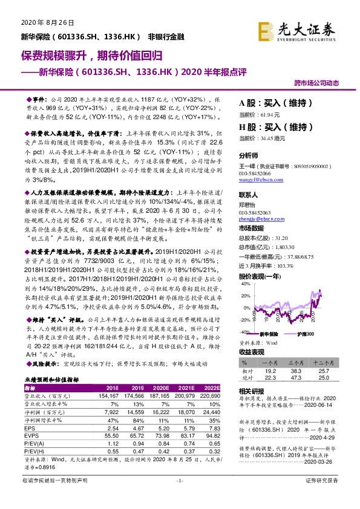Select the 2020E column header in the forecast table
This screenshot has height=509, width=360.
161,387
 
